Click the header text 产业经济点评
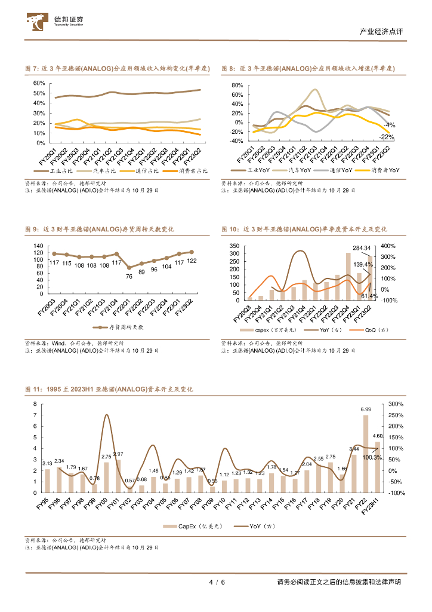383,32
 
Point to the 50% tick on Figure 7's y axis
39,93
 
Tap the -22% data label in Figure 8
387,137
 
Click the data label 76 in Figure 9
129,276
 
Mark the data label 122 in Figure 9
192,261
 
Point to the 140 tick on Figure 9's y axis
38,246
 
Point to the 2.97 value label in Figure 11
118,454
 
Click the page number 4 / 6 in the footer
216,582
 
